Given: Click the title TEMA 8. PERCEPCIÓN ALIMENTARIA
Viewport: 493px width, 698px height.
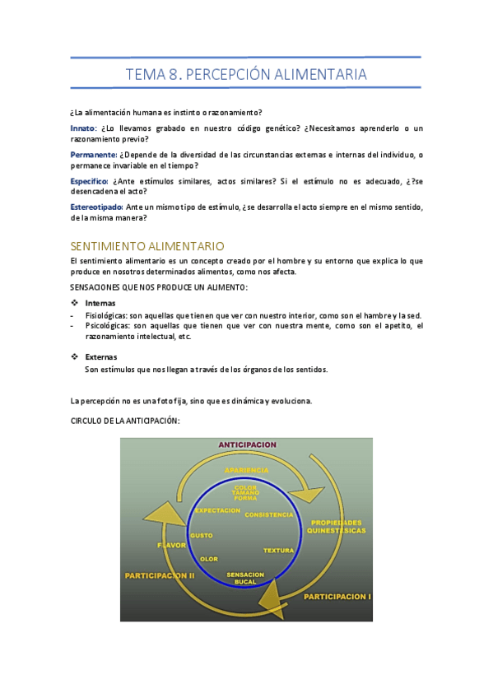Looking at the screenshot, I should click(x=246, y=75).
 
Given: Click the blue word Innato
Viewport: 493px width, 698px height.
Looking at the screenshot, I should click(x=83, y=128).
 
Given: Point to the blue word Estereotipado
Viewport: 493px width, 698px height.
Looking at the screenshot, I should click(x=97, y=207).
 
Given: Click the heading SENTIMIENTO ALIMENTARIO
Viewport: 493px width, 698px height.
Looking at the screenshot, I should click(x=147, y=245).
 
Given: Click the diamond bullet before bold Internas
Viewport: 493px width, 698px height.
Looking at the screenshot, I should click(x=74, y=303).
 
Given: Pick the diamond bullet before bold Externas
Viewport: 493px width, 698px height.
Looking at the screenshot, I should click(x=74, y=356).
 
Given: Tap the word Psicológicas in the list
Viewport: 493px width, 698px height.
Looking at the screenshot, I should click(x=107, y=326).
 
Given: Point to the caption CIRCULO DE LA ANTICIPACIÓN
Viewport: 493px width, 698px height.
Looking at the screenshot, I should click(x=125, y=421).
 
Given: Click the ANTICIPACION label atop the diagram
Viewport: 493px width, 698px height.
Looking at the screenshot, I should click(x=247, y=444).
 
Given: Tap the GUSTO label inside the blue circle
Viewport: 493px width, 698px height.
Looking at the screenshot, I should click(x=202, y=535).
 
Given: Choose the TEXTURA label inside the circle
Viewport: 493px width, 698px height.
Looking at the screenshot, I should click(x=278, y=550).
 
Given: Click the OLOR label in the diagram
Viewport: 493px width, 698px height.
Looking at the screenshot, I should click(x=209, y=559).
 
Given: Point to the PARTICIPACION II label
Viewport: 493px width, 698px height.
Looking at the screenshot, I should click(x=160, y=576).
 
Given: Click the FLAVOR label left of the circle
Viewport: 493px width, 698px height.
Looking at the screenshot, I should click(x=172, y=545).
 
